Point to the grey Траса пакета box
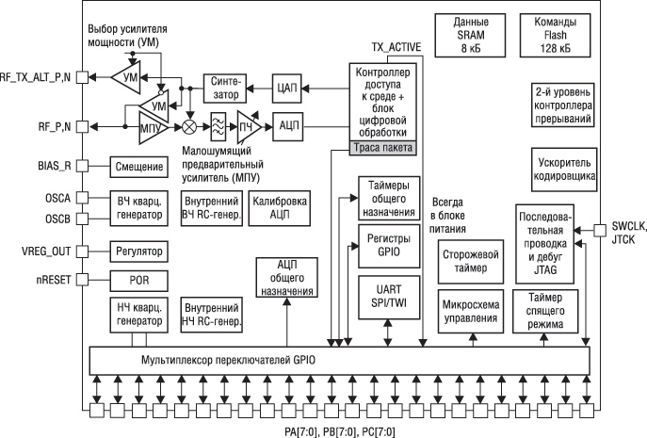tap(382, 148)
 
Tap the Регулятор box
tap(137, 251)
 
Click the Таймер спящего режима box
tap(545, 312)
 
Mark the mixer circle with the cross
tap(189, 124)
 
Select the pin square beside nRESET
tap(81, 280)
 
